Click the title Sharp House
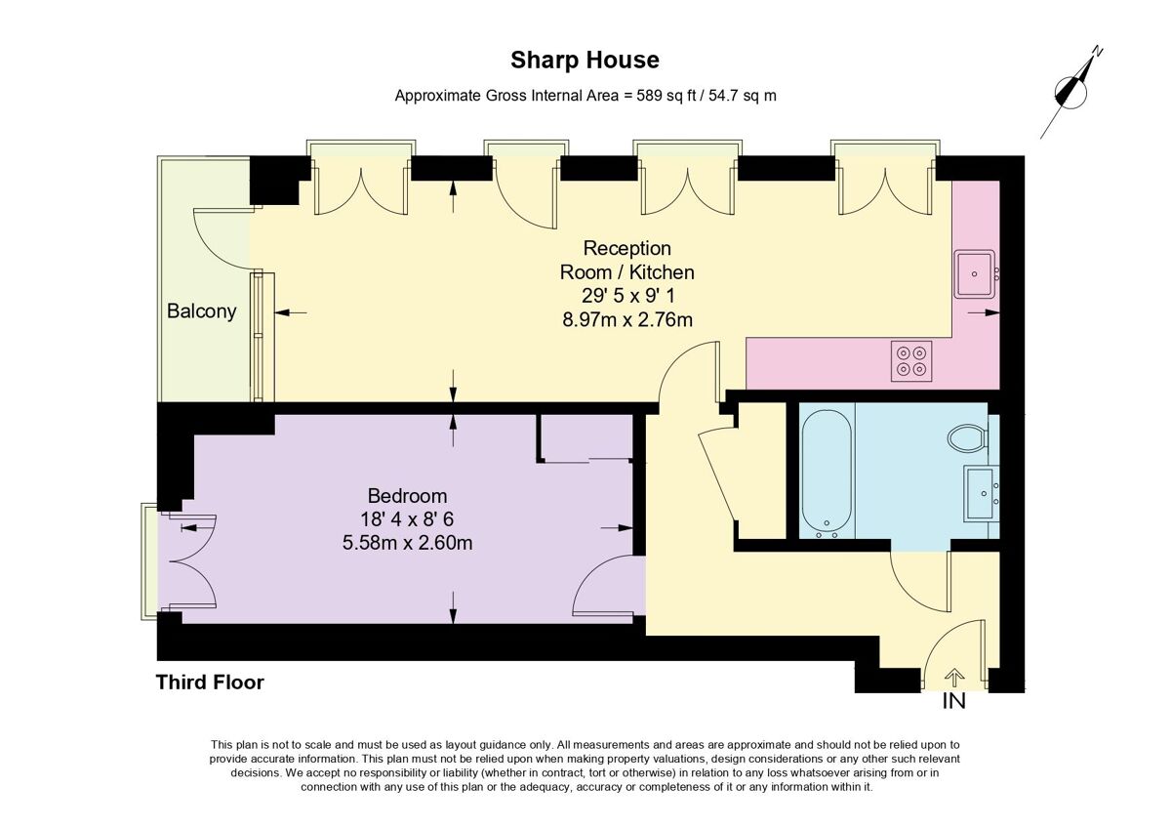585,61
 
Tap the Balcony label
202,311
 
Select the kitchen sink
975,274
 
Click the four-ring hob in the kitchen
912,360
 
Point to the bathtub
828,471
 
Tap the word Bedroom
407,495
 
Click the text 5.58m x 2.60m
407,542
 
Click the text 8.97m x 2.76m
626,319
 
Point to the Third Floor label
210,683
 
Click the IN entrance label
953,701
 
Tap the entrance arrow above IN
953,677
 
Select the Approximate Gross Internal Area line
585,96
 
